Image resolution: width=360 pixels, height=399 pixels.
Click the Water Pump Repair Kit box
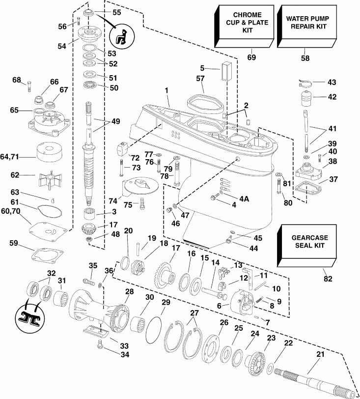(x=304, y=24)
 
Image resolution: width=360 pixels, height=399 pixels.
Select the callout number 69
(x=251, y=58)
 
